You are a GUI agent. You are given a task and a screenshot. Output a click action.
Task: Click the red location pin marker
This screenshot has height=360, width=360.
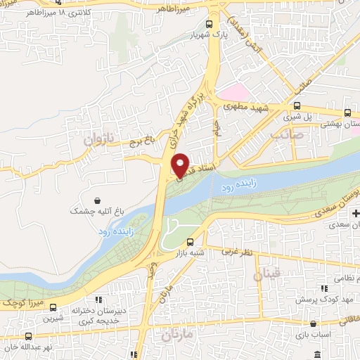tap(180, 166)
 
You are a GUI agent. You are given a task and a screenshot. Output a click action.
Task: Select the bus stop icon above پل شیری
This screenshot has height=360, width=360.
tap(297, 106)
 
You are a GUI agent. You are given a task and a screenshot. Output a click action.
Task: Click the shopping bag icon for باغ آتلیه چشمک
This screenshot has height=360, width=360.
tap(96, 199)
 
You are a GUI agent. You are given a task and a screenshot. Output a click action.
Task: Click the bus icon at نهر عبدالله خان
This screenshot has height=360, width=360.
tap(29, 337)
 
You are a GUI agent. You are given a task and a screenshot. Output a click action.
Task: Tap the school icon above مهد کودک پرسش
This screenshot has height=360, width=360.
tap(323, 288)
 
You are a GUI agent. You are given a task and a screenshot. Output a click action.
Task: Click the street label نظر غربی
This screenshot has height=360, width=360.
tap(236, 250)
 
